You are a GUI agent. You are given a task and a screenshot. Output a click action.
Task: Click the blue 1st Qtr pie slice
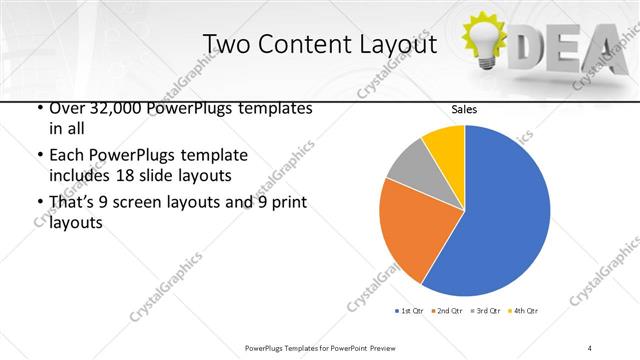(x=500, y=210)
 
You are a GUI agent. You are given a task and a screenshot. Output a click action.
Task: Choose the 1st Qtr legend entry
(x=411, y=311)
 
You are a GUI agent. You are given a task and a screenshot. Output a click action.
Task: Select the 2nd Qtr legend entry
(x=447, y=311)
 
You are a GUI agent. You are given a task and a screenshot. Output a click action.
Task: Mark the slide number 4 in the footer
(x=590, y=347)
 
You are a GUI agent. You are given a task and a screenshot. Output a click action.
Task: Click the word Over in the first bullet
(x=62, y=108)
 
